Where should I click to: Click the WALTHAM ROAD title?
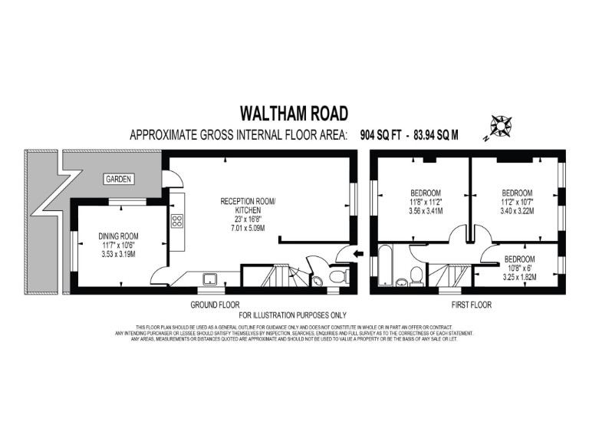coord(294,114)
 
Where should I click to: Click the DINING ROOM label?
coord(117,236)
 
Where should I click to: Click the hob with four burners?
coord(176,221)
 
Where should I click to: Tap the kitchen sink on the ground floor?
coord(208,279)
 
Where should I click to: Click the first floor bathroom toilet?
coord(416,275)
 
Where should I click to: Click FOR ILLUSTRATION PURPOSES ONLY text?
coord(293,315)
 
